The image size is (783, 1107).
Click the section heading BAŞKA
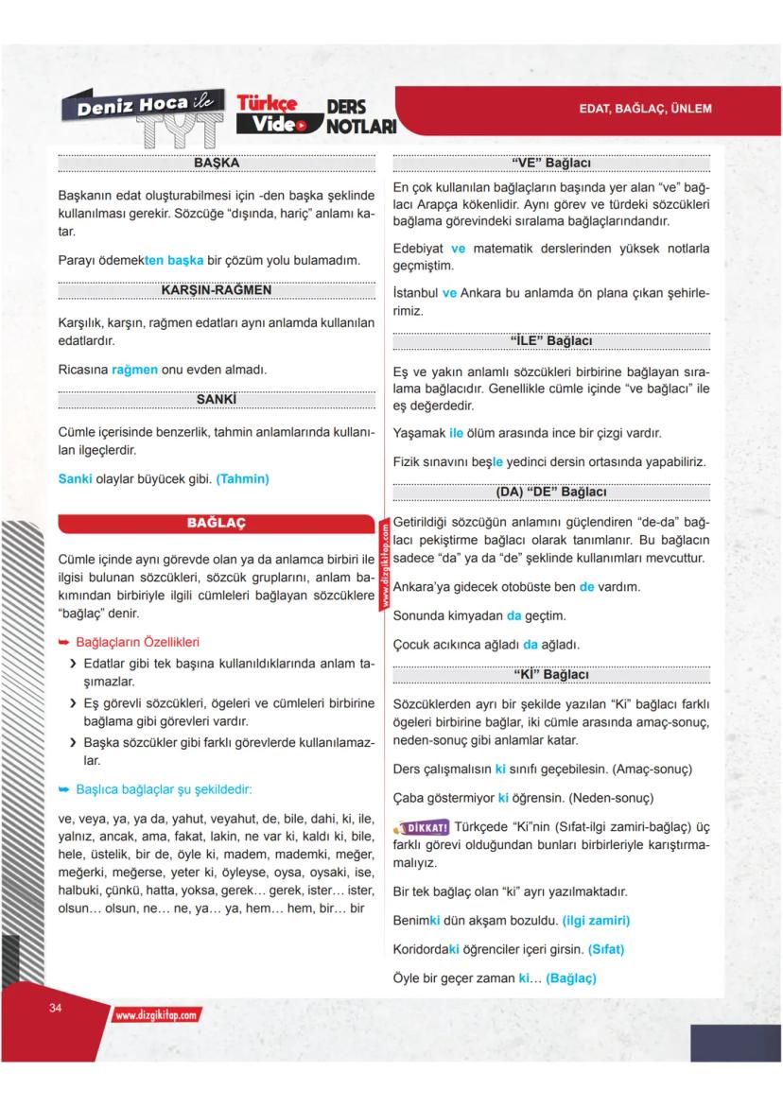216,163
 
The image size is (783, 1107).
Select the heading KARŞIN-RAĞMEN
216,289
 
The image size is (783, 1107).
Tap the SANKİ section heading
216,400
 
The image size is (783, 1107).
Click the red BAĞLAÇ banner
216,523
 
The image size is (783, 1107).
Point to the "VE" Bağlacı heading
550,163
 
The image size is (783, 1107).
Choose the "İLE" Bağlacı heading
550,340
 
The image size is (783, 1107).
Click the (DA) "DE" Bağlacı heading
550,492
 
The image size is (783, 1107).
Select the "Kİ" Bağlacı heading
550,674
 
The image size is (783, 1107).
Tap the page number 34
55,1009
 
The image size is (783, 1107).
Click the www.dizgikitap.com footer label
157,1015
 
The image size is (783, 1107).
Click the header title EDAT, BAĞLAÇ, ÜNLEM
645,109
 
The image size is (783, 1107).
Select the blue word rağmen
134,370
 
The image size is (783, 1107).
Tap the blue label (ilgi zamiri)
596,920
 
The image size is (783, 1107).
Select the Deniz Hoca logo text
132,106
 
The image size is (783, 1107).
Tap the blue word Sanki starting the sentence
75,479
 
